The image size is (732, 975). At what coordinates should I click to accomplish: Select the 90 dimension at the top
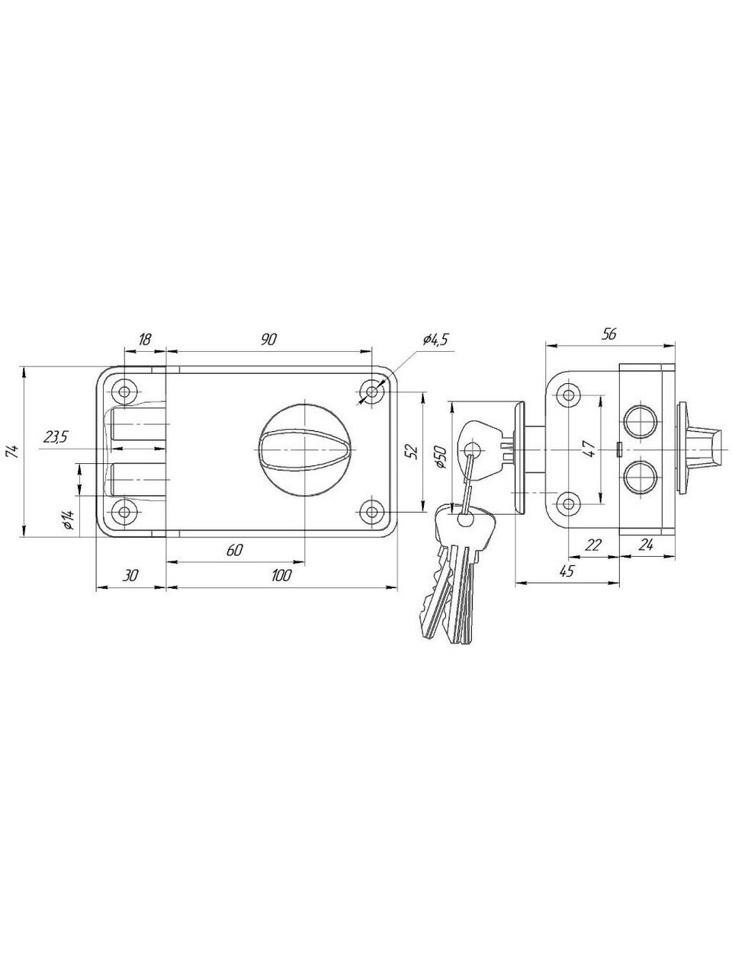[268, 340]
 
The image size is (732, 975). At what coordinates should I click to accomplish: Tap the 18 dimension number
[144, 340]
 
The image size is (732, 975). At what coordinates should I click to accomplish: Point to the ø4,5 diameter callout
[435, 340]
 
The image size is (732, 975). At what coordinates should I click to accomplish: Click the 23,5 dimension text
[55, 437]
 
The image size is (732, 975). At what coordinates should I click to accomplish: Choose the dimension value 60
[235, 551]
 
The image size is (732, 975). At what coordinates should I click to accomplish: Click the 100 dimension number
[281, 576]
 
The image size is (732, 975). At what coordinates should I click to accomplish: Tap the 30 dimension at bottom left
[130, 576]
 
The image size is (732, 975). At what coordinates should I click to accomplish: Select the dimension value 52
[413, 452]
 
